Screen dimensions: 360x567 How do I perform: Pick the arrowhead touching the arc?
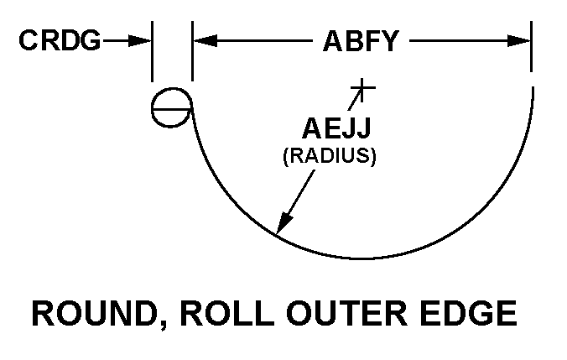point(283,222)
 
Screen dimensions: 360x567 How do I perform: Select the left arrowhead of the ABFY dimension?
point(205,41)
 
